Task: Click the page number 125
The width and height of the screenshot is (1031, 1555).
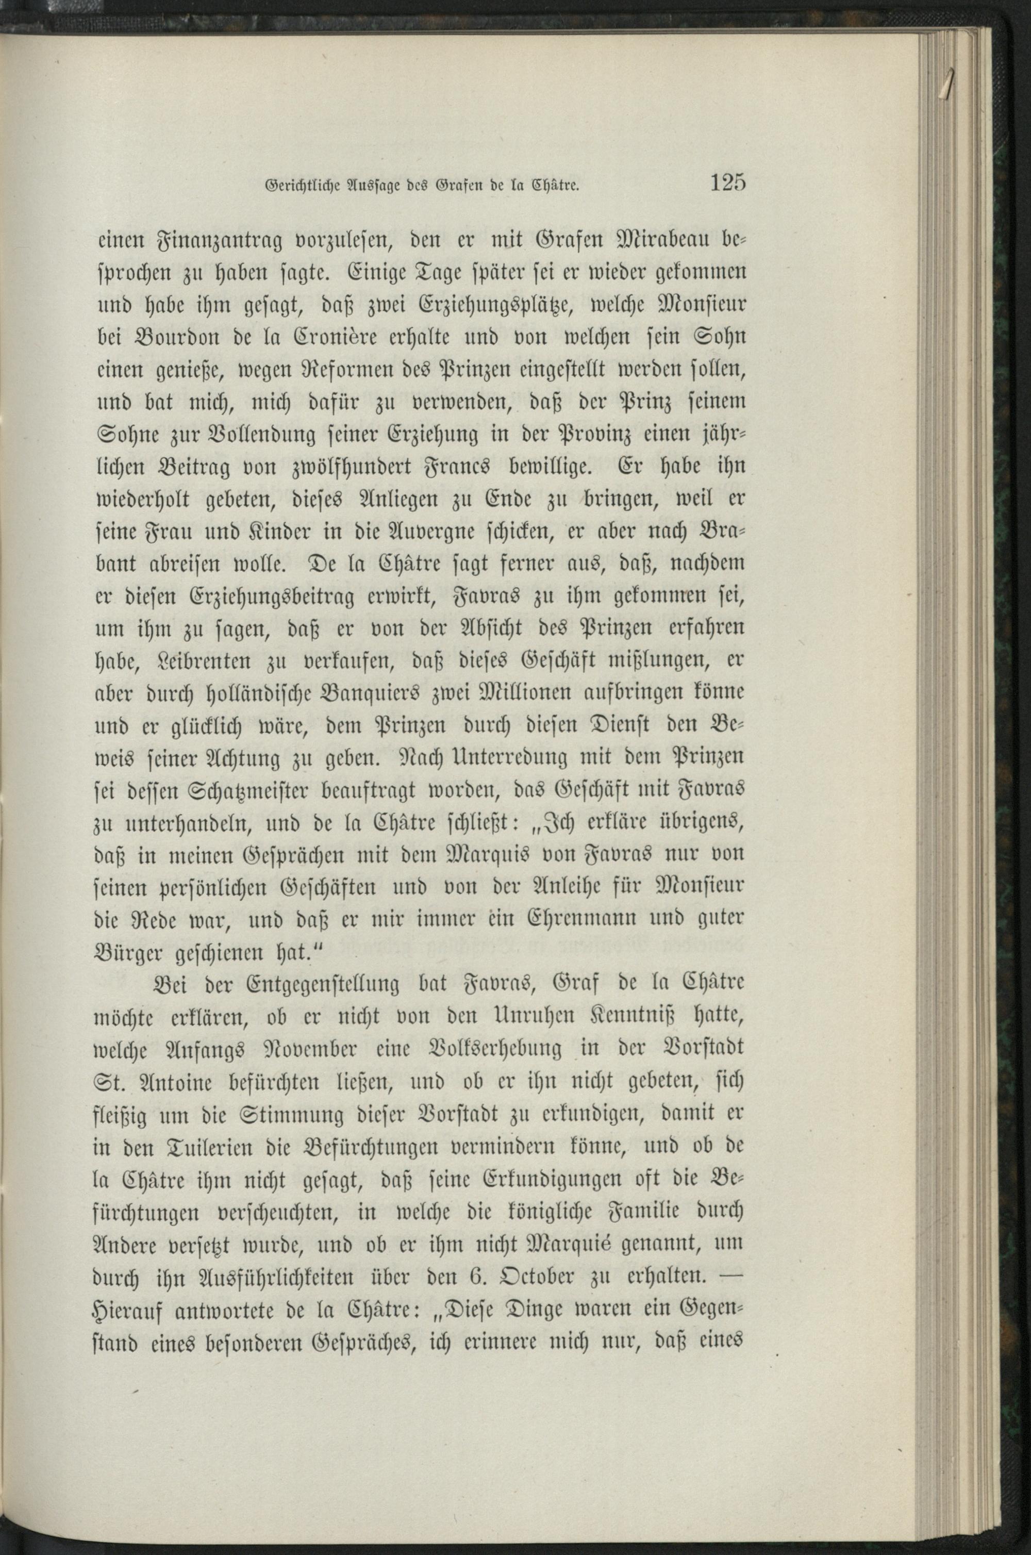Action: tap(727, 182)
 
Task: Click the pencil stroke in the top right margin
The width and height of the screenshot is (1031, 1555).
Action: tap(949, 84)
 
